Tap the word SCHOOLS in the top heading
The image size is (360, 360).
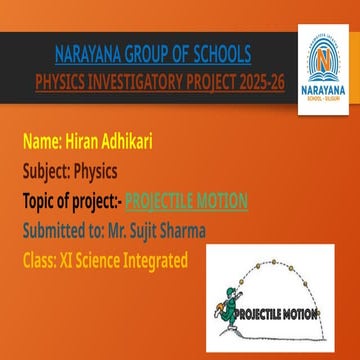221,51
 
